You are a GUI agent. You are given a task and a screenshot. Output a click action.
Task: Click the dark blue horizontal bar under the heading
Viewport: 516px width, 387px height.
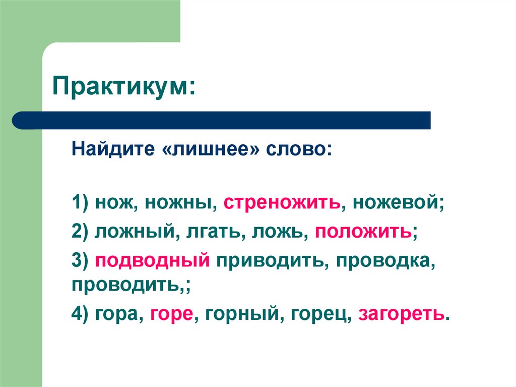[222, 120]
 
